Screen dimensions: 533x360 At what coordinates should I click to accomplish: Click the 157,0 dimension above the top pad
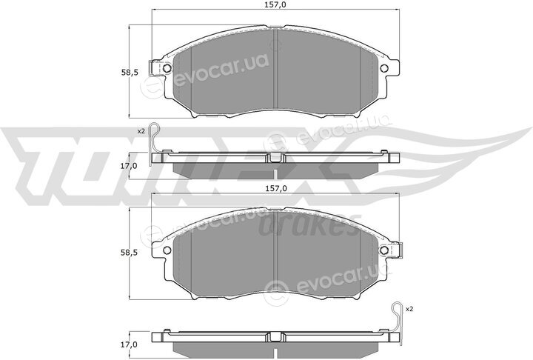click(x=275, y=4)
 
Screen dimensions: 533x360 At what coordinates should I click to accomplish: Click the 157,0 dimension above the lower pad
click(x=275, y=188)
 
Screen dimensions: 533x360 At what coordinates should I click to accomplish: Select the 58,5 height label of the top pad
click(x=130, y=72)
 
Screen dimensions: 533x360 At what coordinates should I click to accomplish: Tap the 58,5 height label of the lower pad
click(x=130, y=253)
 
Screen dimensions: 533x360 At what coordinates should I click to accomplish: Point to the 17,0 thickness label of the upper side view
click(x=130, y=166)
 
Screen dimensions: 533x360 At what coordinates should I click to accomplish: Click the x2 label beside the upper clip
click(x=141, y=130)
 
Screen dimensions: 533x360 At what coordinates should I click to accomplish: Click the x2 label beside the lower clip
click(x=409, y=310)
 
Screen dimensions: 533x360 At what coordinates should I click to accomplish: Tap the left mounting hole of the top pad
click(x=167, y=68)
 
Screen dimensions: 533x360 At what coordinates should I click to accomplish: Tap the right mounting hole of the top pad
click(x=383, y=68)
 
